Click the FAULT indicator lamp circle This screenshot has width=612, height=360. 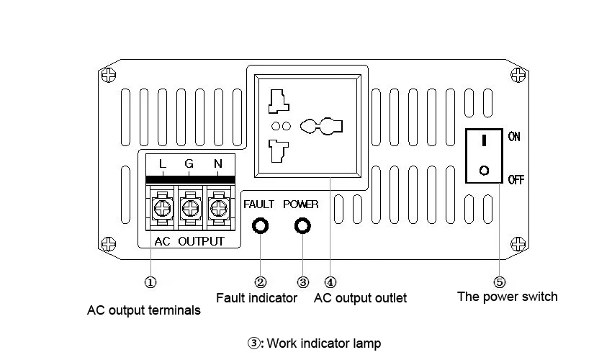pos(261,225)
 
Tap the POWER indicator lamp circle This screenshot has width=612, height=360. pos(302,225)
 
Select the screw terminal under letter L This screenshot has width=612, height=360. pos(162,208)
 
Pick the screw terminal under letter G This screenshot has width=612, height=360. pos(191,208)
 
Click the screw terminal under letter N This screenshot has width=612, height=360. pos(219,208)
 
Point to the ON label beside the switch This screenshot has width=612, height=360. pos(514,137)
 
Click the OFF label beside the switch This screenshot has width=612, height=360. pos(516,179)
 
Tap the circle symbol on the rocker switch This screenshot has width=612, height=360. pos(484,171)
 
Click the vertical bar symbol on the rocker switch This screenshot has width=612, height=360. pos(484,140)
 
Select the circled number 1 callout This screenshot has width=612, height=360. pos(150,282)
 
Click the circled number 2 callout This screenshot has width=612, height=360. pos(261,282)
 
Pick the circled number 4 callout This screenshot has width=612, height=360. pos(330,282)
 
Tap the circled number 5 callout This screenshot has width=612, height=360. pos(500,282)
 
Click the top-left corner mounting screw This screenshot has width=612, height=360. pos(109,75)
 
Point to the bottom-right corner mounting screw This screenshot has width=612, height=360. pos(518,244)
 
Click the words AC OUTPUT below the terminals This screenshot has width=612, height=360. pos(189,241)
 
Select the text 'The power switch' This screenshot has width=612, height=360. pos(508,297)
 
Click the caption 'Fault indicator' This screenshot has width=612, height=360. pos(256,298)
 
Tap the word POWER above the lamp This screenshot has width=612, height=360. pos(300,204)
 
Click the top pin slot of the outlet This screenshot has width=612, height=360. pos(279,101)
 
